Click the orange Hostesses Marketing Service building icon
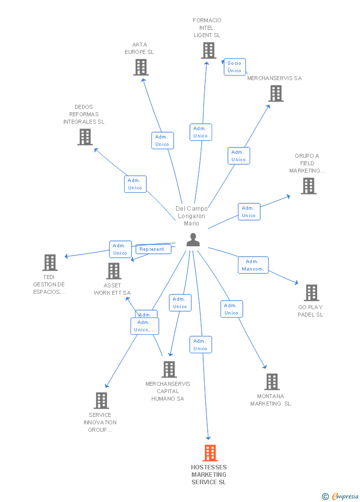210,453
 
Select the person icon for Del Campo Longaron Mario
193,240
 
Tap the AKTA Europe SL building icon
141,67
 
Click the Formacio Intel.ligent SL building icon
209,50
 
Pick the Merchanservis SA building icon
276,93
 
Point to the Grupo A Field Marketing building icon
309,186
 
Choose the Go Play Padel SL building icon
311,293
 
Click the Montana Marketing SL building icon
271,382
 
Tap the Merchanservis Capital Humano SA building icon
169,369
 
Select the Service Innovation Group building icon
101,401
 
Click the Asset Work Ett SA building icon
114,271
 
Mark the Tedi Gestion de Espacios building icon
50,263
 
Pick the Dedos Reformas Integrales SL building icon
85,137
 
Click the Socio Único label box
234,67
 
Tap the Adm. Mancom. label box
253,265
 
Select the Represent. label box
153,249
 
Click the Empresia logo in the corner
341,496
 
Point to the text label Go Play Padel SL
310,311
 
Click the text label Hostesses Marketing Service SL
209,474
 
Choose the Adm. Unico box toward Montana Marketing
231,309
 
